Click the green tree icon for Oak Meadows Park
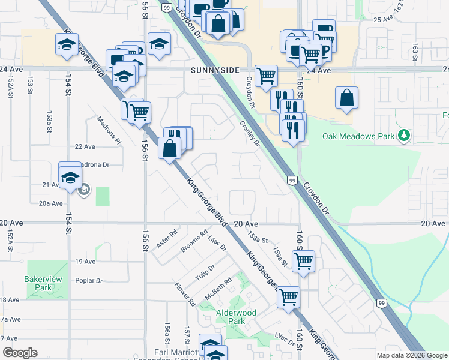pos(405,136)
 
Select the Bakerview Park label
pos(39,283)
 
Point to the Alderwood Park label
pos(237,317)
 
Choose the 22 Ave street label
pos(85,146)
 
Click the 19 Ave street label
pos(85,262)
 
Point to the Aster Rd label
pos(167,239)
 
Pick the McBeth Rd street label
pos(219,289)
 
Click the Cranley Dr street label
pos(250,133)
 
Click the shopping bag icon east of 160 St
pos(346,99)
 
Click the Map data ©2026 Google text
pos(412,355)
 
